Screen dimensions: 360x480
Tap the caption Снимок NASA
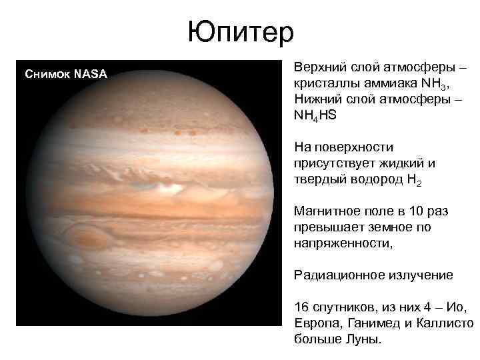pyautogui.click(x=65, y=73)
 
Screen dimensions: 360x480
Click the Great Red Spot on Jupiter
pyautogui.click(x=86, y=237)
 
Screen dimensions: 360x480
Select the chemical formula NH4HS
pyautogui.click(x=316, y=115)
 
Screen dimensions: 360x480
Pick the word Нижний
pyautogui.click(x=316, y=99)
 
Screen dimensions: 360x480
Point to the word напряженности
pyautogui.click(x=342, y=243)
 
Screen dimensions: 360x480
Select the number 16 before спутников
pyautogui.click(x=301, y=307)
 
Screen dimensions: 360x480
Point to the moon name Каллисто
pyautogui.click(x=446, y=323)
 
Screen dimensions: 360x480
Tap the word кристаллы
pyautogui.click(x=322, y=85)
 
